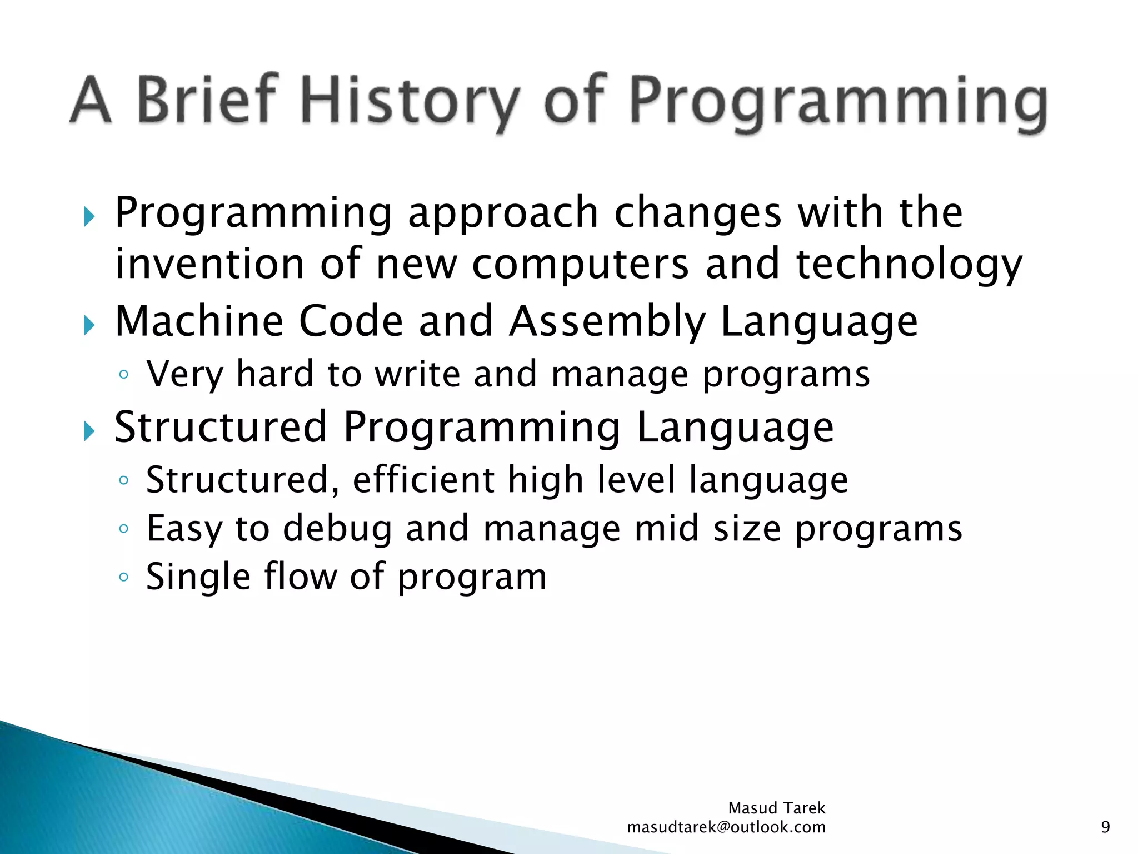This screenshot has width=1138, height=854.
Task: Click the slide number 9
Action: coord(1105,827)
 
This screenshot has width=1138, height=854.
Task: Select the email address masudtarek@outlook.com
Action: coord(726,827)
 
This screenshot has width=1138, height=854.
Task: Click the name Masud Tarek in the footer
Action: coord(776,808)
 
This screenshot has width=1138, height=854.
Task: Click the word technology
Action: coord(909,265)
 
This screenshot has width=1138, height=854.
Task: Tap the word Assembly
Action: coord(607,322)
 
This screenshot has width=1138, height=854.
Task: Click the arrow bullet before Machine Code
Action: coord(89,325)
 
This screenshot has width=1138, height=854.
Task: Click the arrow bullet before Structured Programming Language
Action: coord(89,430)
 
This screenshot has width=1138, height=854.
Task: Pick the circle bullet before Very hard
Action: coord(123,375)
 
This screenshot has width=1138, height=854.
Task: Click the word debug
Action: coord(337,529)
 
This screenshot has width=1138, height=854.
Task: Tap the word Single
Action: coord(197,578)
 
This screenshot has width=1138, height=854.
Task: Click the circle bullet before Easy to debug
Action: coord(123,529)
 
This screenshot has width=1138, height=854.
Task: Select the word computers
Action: coord(581,265)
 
